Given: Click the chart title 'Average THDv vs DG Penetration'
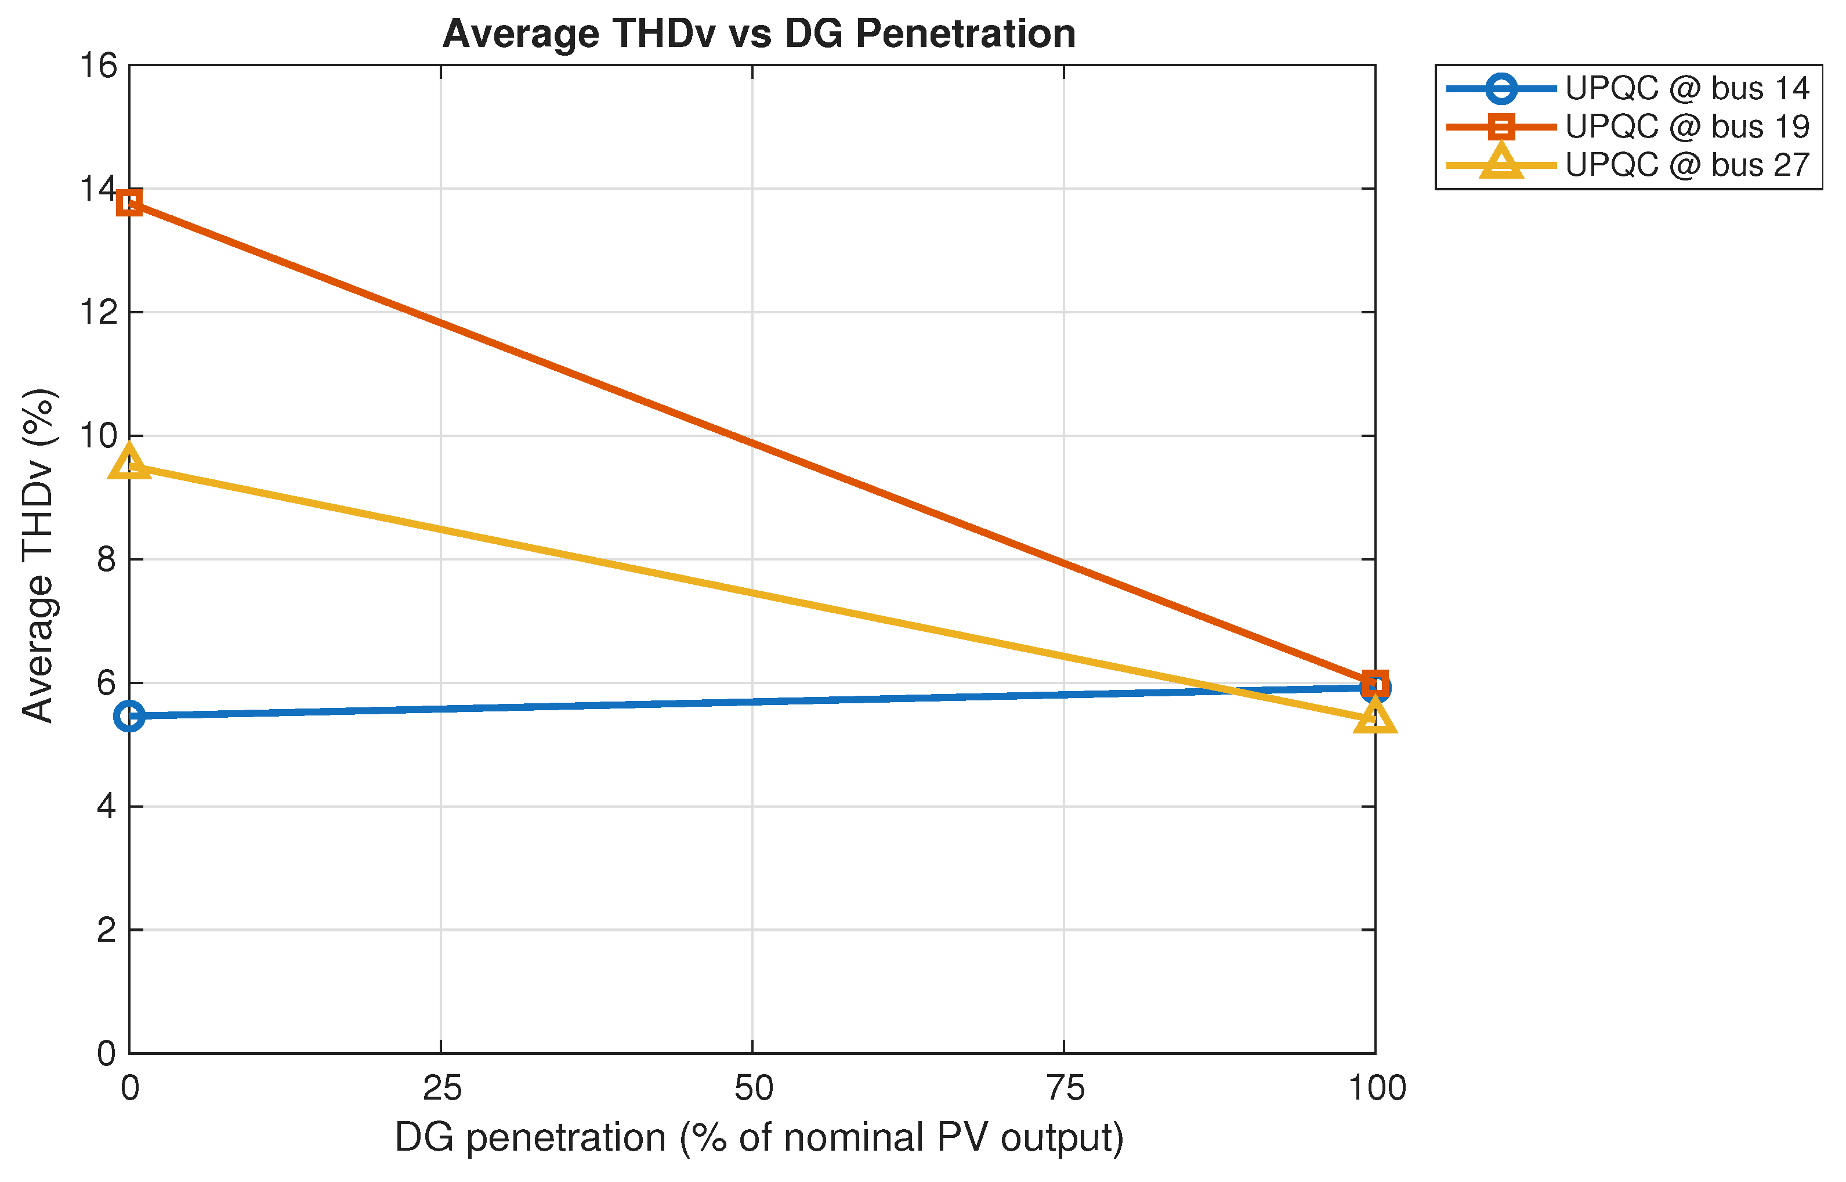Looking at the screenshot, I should [759, 34].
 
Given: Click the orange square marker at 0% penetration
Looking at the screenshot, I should [130, 203].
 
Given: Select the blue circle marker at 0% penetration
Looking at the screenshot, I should [130, 716].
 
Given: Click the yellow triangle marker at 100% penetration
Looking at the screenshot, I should [1375, 717].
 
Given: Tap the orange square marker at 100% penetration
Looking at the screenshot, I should [1375, 682].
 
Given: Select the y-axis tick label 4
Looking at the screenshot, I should [107, 807].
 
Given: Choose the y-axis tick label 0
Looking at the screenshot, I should [107, 1054].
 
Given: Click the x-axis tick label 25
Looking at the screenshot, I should [442, 1089].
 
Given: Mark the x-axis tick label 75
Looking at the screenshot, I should [1065, 1089].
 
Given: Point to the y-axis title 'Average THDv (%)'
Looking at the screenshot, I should [38, 556].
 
